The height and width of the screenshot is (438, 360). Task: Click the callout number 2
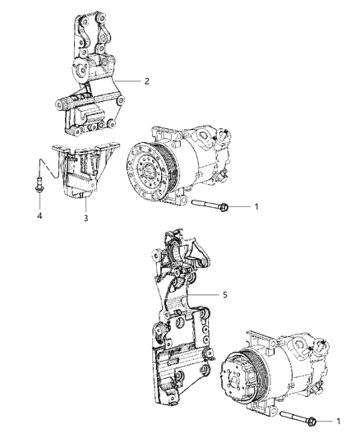pyautogui.click(x=146, y=81)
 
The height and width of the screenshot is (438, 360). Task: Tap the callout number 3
pyautogui.click(x=85, y=219)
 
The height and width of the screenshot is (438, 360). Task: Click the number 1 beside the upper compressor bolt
pyautogui.click(x=257, y=207)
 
